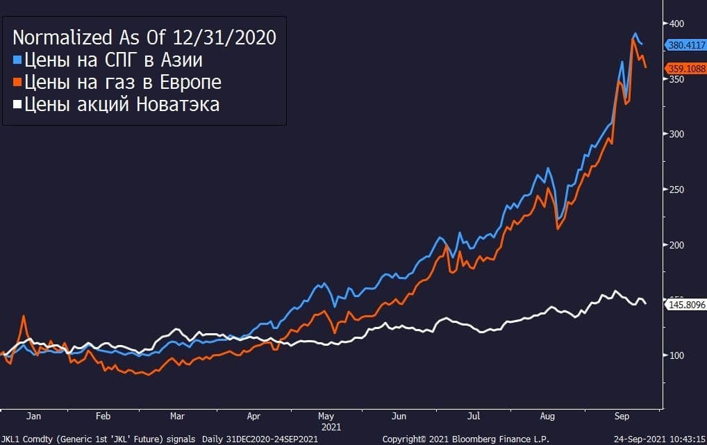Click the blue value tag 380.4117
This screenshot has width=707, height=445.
coord(685,45)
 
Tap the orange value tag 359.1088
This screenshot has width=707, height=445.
coord(685,68)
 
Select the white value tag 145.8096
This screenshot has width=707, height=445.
coord(685,304)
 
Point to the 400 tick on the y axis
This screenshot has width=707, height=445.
coord(676,24)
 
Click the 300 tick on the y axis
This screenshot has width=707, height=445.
coord(676,134)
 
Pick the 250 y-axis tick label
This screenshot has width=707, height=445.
coord(676,190)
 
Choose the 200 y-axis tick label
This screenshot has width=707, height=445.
coord(676,245)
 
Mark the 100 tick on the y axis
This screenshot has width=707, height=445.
coord(676,355)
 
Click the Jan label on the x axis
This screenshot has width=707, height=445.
coord(33,417)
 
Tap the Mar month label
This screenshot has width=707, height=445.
coord(176,417)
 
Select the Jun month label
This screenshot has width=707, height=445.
coord(399,417)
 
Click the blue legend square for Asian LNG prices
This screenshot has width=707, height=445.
coord(17,59)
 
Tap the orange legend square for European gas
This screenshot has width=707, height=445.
coord(17,82)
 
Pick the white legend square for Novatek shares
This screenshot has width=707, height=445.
coord(17,105)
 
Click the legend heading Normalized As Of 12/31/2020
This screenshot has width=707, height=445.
coord(144,37)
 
